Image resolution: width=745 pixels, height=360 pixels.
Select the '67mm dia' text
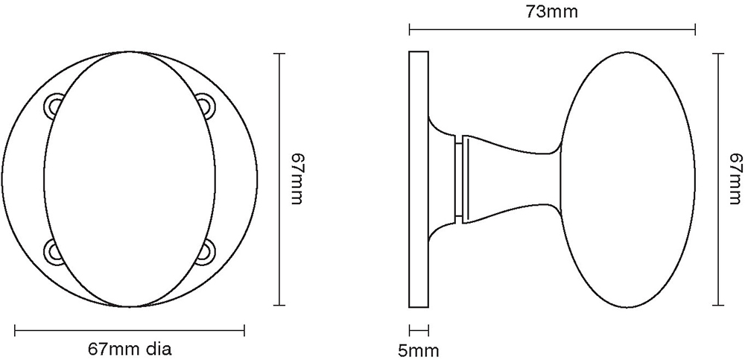[130, 349]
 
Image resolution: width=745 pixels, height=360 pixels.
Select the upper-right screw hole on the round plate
[203, 104]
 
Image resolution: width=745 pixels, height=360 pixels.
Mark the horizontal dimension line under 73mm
[552, 31]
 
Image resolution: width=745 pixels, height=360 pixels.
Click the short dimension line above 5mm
[419, 328]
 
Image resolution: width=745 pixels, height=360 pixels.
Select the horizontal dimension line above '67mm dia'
[130, 329]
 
